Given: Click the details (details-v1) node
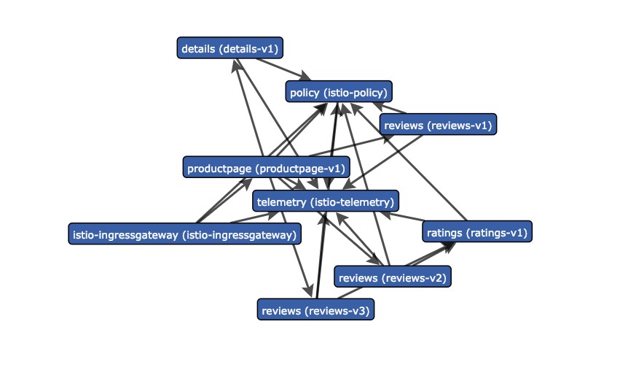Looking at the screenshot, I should click(229, 48).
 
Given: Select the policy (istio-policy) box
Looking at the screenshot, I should click(339, 91).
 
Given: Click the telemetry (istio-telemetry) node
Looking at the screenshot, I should click(326, 201).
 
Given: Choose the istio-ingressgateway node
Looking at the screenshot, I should click(185, 234).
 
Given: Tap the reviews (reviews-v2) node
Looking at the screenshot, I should click(392, 277).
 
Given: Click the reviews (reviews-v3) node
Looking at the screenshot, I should click(315, 310).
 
